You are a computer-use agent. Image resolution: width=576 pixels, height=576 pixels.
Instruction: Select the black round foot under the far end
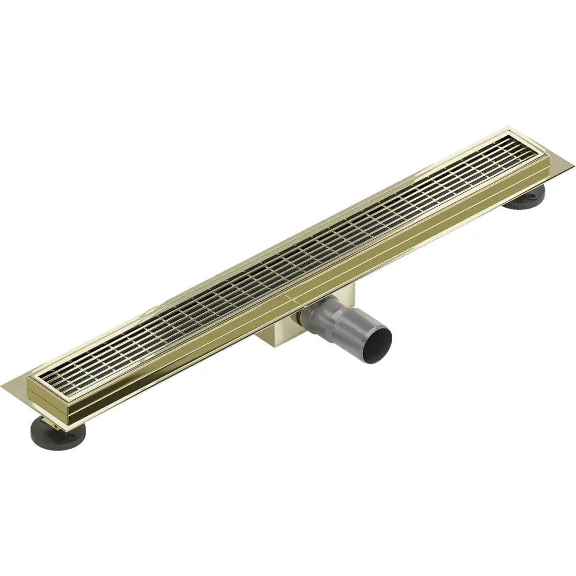coord(525,198)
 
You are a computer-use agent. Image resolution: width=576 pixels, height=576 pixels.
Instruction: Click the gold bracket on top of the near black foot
coord(51,420)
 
